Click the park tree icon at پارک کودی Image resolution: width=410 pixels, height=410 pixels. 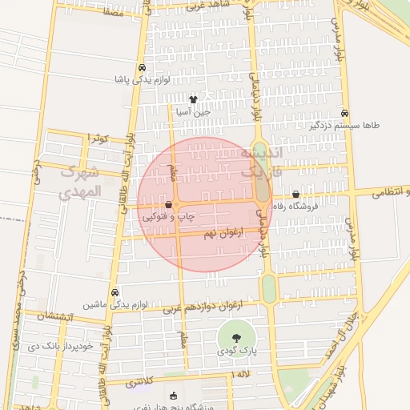[235, 337]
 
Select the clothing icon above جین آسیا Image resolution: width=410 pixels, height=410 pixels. [192, 99]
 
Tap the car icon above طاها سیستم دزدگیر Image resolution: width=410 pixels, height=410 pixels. [344, 113]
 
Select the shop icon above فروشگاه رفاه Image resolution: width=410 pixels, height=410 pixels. [296, 193]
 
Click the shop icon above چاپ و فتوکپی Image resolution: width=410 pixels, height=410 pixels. [167, 204]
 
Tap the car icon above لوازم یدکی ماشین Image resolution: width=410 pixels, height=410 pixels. [115, 292]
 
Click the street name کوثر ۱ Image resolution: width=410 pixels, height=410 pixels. [98, 139]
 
